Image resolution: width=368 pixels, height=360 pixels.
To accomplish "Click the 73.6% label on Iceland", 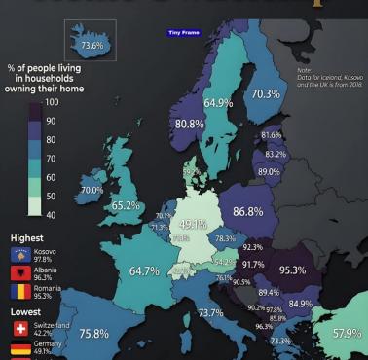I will pos(92,45).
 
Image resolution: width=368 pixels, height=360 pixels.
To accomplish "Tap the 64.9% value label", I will pos(217,103).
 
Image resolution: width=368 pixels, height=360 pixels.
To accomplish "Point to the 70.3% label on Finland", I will pos(265,94).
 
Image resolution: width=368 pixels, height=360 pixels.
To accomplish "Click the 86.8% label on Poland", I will pos(248,211).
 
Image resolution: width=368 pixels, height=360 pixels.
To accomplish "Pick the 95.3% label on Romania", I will pos(293,270).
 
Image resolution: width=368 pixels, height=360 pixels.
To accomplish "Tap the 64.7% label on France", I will pos(144,270).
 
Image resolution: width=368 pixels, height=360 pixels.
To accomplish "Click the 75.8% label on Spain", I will pos(93,334).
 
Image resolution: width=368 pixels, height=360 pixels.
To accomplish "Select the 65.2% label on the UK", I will pos(126,205).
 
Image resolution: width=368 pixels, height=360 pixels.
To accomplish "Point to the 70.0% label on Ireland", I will pos(91,190).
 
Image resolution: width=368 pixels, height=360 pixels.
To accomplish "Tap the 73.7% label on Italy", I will pos(210,312).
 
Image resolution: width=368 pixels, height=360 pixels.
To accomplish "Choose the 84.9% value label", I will pos(301,304).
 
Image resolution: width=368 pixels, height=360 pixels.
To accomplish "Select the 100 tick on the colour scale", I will pos(52,101).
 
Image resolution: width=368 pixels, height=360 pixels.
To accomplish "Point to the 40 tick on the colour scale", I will pos(50,214).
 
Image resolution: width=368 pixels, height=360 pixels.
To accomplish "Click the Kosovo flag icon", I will pos(20,254).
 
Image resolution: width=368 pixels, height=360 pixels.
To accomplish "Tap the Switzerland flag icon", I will pos(20,329).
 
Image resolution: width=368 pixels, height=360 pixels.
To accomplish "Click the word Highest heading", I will pos(26,237).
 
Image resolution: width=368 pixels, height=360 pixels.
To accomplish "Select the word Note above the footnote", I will pos(306,69).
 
